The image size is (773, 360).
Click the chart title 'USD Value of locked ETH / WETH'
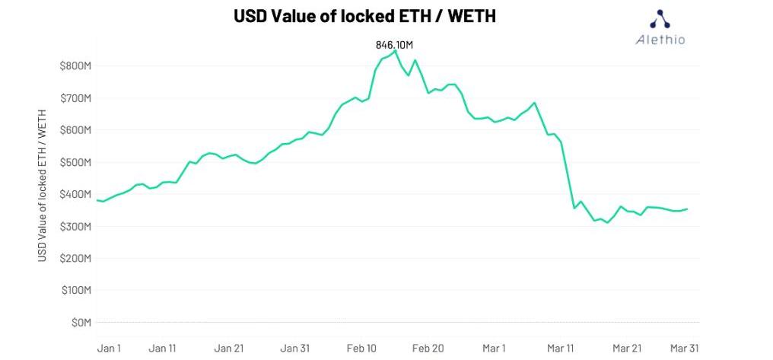pyautogui.click(x=364, y=16)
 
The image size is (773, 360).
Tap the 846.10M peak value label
pyautogui.click(x=394, y=45)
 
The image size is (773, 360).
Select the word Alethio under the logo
pyautogui.click(x=660, y=40)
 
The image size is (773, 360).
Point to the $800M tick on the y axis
pyautogui.click(x=75, y=66)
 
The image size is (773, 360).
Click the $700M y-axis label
pyautogui.click(x=75, y=98)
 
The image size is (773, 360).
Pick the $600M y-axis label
pyautogui.click(x=75, y=130)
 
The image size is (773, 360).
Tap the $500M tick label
pyautogui.click(x=75, y=162)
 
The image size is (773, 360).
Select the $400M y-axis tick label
pyautogui.click(x=75, y=194)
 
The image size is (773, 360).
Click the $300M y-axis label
pyautogui.click(x=75, y=226)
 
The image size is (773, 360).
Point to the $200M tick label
pyautogui.click(x=75, y=258)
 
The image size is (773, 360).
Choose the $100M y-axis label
pyautogui.click(x=75, y=290)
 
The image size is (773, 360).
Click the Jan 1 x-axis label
pyautogui.click(x=110, y=348)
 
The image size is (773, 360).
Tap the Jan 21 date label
pyautogui.click(x=229, y=348)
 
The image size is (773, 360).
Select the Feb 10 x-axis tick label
pyautogui.click(x=361, y=348)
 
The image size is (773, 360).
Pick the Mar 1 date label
pyautogui.click(x=494, y=348)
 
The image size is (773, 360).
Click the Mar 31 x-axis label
pyautogui.click(x=684, y=348)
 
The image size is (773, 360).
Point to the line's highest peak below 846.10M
pyautogui.click(x=395, y=51)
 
